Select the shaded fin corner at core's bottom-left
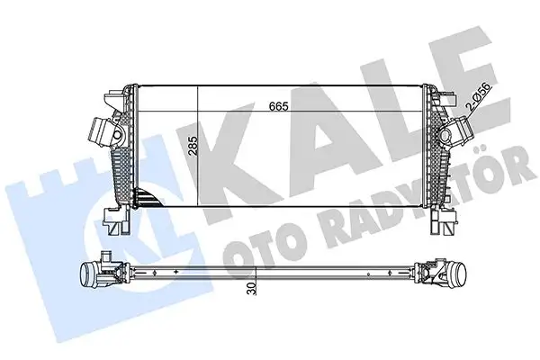tap(144, 198)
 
